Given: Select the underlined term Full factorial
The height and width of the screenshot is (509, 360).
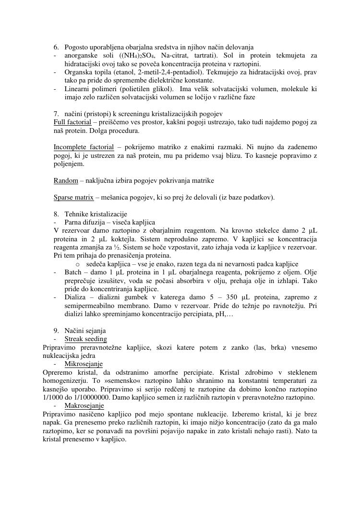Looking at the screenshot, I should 72,122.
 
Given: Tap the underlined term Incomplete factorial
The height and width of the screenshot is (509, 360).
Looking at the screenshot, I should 84,147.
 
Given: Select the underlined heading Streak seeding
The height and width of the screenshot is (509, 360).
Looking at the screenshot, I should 85,339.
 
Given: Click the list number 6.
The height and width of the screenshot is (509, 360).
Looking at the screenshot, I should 56,47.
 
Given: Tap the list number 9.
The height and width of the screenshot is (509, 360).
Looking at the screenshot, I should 56,331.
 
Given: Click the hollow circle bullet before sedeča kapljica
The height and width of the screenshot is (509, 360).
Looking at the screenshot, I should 78,264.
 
